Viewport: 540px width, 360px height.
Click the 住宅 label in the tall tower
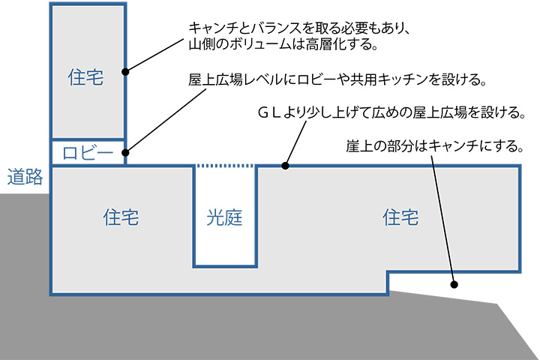click(85, 77)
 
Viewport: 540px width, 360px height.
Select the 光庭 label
click(226, 218)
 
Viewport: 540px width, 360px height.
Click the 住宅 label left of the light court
click(121, 218)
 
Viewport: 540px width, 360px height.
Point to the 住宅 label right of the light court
click(400, 218)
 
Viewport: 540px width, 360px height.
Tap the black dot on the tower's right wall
click(126, 73)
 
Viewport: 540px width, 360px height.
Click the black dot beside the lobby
click(126, 152)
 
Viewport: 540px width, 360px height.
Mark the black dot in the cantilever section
click(454, 284)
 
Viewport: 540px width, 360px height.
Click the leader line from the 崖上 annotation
click(443, 217)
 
